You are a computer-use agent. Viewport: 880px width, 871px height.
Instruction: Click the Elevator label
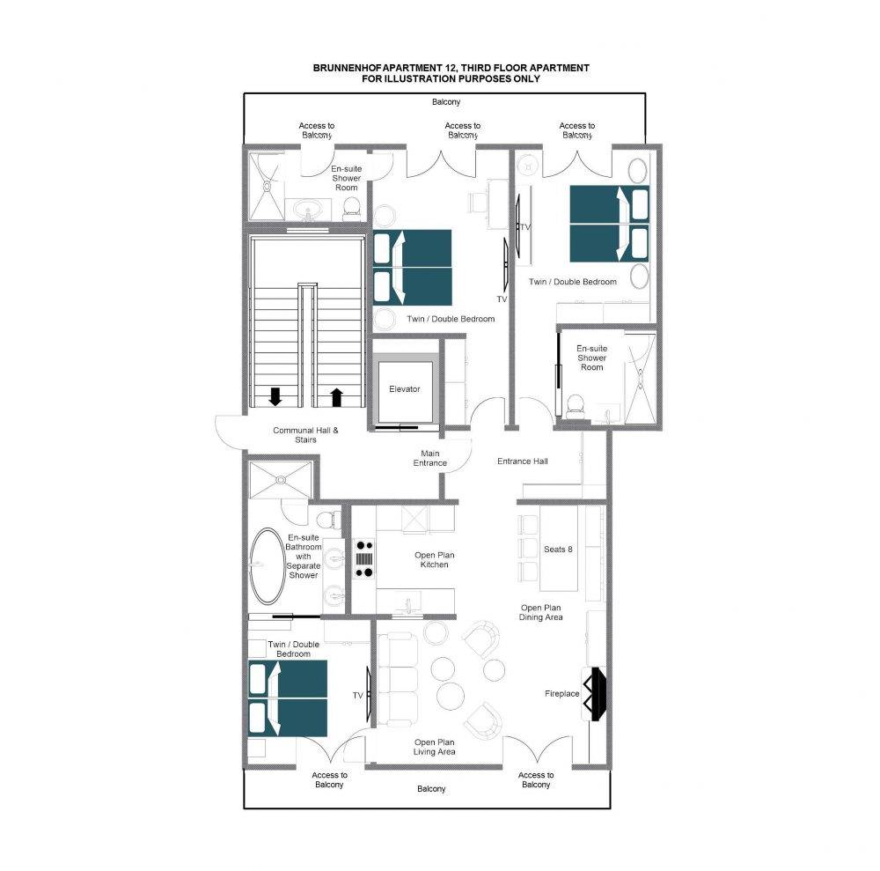click(404, 388)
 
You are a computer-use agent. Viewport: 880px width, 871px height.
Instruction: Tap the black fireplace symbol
click(595, 693)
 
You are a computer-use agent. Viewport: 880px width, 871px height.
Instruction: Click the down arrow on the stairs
click(275, 396)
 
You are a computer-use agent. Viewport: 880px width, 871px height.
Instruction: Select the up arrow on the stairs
click(336, 397)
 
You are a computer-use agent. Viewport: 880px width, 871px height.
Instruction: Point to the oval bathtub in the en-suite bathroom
click(268, 565)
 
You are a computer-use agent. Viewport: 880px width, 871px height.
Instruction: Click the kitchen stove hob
click(363, 558)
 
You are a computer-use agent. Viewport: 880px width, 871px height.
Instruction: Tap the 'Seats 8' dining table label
click(558, 550)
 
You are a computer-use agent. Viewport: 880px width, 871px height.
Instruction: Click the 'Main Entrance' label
click(430, 458)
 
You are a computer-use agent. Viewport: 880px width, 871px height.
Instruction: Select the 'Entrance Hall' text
click(523, 461)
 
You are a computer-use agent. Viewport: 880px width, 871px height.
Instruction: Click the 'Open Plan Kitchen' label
click(435, 560)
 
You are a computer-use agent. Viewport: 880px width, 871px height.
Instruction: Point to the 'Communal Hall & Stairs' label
click(306, 435)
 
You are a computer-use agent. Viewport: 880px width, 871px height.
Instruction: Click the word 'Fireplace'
click(561, 694)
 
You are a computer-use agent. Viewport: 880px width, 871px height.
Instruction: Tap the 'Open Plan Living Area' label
click(435, 747)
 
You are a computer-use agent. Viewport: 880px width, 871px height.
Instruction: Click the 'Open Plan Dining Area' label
click(540, 612)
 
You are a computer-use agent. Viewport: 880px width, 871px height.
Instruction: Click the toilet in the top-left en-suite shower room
click(351, 207)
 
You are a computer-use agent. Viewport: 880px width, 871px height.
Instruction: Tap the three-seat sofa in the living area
click(398, 679)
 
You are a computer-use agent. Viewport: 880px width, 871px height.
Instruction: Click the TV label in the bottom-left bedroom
click(357, 696)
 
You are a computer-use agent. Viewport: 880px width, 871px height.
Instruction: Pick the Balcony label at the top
click(446, 101)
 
